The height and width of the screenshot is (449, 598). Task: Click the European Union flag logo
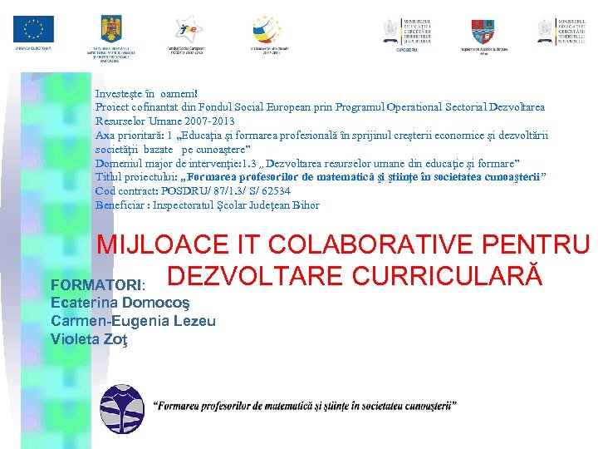(33, 30)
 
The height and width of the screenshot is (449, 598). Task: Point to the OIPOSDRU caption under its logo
(406, 51)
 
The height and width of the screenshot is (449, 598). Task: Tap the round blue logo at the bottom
(121, 407)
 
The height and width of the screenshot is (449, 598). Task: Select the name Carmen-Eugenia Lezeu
(133, 321)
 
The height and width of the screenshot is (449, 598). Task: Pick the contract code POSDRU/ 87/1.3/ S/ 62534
(225, 190)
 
